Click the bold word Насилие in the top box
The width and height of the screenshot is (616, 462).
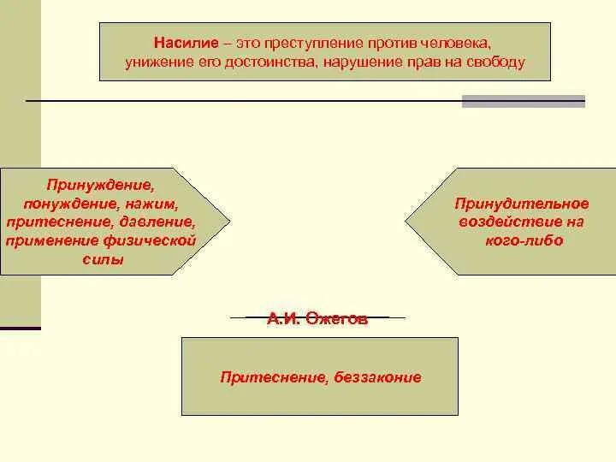tap(179, 43)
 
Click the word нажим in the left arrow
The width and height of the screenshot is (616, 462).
tap(153, 204)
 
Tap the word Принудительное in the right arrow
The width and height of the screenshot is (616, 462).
tap(522, 204)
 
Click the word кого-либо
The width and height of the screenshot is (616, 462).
tap(523, 240)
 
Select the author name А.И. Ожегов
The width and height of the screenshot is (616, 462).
tap(317, 319)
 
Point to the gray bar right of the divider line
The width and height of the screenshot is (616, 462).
tap(523, 102)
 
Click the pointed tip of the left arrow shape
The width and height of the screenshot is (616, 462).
tap(229, 222)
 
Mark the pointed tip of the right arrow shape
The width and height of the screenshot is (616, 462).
tap(406, 222)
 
